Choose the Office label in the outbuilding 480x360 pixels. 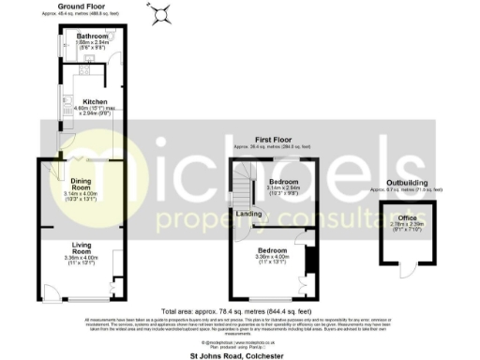(408, 217)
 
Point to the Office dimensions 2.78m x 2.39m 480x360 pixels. (408, 224)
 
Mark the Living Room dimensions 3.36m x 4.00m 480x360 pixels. (82, 260)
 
